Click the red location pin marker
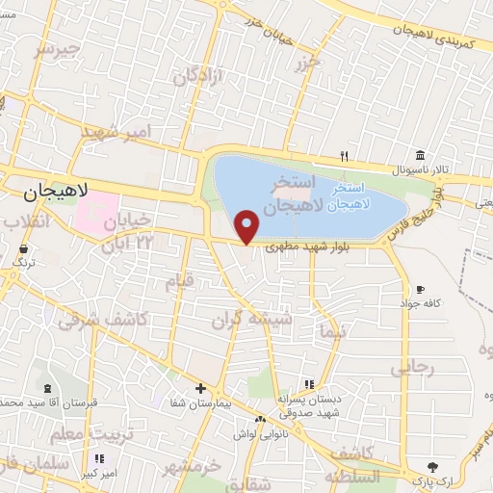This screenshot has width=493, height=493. [247, 226]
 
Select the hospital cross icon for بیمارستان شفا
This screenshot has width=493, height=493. [199, 389]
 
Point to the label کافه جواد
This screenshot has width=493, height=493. [421, 303]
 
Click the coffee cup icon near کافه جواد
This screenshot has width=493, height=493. [420, 289]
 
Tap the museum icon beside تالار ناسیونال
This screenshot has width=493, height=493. [421, 156]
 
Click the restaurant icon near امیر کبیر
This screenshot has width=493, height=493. [98, 459]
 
